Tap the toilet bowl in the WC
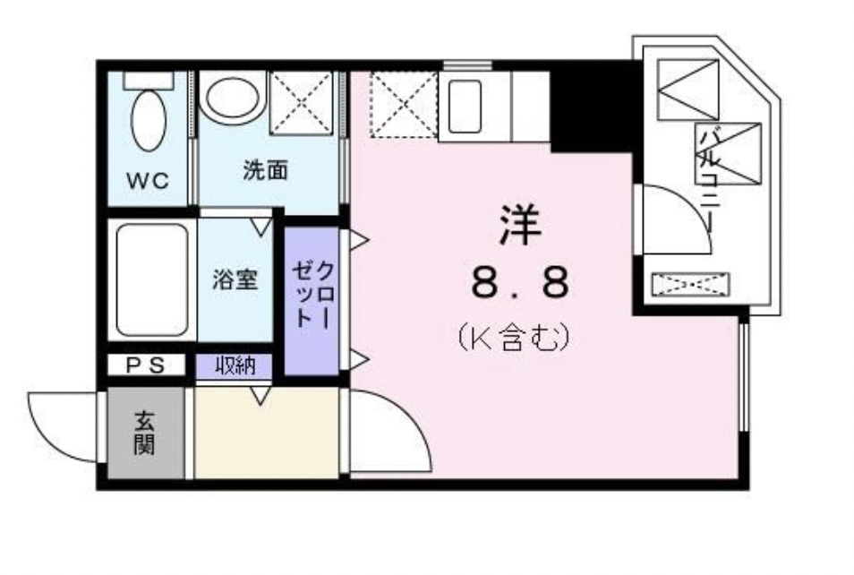(x=148, y=121)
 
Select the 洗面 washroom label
(x=266, y=170)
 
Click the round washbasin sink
(x=232, y=98)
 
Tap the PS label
(x=144, y=365)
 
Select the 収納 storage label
(x=235, y=365)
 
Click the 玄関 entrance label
(x=146, y=433)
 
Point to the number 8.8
(x=520, y=285)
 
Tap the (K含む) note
(x=515, y=338)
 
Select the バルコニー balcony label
(x=712, y=179)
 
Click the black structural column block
(x=590, y=107)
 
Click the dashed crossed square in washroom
(x=302, y=101)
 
